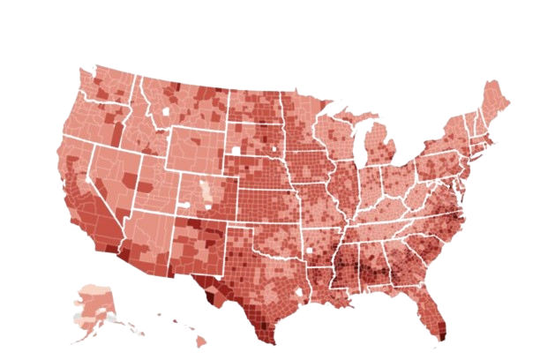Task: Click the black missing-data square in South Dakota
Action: (236, 152)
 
